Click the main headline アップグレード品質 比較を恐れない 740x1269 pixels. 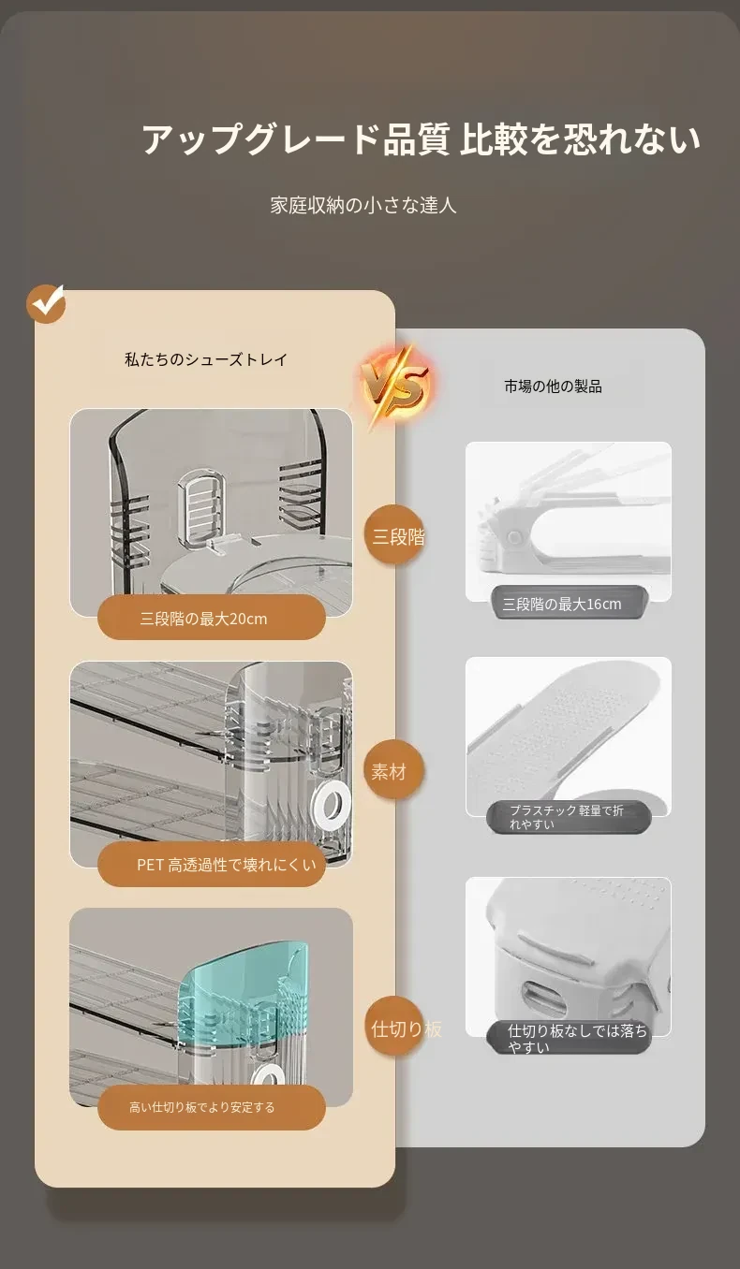(x=421, y=139)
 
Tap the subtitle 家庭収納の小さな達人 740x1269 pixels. (x=363, y=205)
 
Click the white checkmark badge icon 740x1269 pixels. (x=46, y=303)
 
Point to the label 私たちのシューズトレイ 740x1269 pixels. (x=206, y=359)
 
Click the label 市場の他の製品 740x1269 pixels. (x=553, y=387)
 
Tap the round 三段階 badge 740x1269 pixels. (x=394, y=535)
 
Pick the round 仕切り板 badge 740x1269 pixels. (x=396, y=1028)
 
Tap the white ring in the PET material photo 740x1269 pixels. (x=333, y=803)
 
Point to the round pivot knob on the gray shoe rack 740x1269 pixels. (x=514, y=536)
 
